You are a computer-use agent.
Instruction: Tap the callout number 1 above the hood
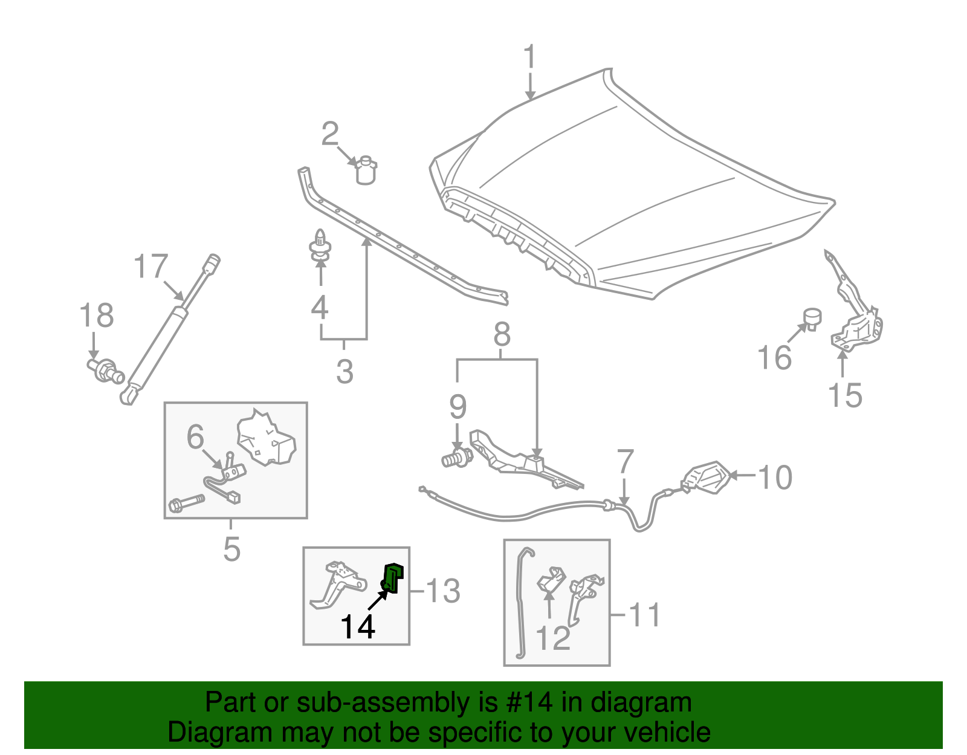pos(529,57)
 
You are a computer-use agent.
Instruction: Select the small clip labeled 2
pos(366,170)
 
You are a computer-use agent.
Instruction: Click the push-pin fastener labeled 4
pos(320,247)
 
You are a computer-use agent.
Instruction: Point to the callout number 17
pos(150,267)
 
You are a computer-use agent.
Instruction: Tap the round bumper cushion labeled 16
pos(813,318)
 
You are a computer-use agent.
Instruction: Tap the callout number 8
pos(502,334)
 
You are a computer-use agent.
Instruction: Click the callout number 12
pos(553,638)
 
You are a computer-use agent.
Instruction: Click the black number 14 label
pos(358,626)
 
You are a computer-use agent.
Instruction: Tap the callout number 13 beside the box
pos(443,591)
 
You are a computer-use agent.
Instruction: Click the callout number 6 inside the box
pos(195,436)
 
